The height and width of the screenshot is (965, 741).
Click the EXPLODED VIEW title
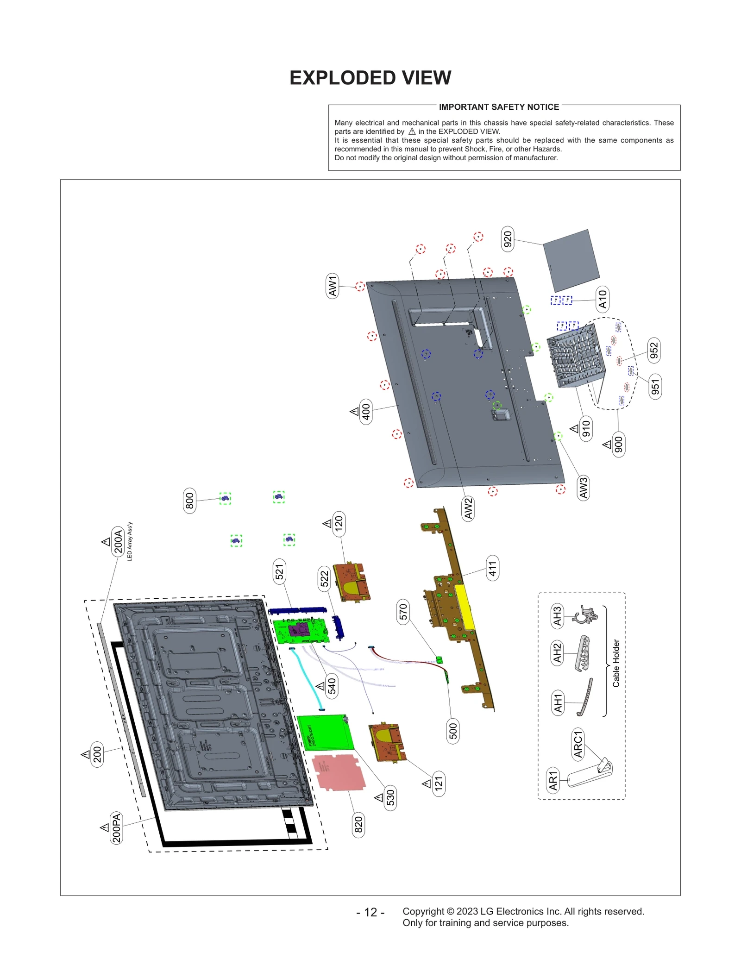pyautogui.click(x=370, y=78)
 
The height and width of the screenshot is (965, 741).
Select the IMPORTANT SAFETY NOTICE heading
pyautogui.click(x=498, y=107)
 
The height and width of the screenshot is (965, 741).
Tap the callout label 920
pyautogui.click(x=507, y=239)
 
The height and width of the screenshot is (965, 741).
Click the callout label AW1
pyautogui.click(x=333, y=286)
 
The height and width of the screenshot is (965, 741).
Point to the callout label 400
pyautogui.click(x=365, y=411)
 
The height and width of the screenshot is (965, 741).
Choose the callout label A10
pyautogui.click(x=602, y=299)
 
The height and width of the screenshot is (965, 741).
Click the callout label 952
pyautogui.click(x=653, y=351)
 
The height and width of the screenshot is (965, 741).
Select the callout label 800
pyautogui.click(x=189, y=501)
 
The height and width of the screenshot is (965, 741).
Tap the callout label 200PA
pyautogui.click(x=116, y=827)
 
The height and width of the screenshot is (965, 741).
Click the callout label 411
pyautogui.click(x=492, y=568)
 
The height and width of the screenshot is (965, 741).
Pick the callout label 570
pyautogui.click(x=403, y=611)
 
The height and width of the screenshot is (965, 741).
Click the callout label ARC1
pyautogui.click(x=578, y=744)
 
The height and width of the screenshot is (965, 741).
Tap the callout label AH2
pyautogui.click(x=557, y=653)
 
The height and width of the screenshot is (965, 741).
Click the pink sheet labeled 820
pyautogui.click(x=339, y=771)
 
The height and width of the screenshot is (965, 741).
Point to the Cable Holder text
pyautogui.click(x=616, y=663)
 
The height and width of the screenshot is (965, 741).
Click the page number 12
pyautogui.click(x=370, y=912)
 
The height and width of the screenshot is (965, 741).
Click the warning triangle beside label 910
pyautogui.click(x=574, y=429)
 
